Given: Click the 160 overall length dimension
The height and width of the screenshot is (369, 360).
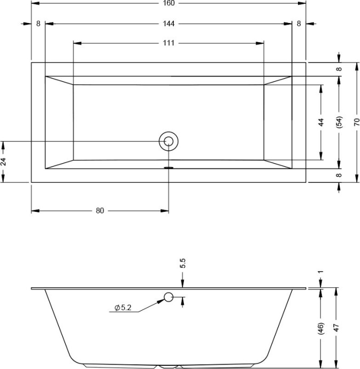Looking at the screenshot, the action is coord(168,3).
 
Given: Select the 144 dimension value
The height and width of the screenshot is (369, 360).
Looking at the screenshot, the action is coord(168,24).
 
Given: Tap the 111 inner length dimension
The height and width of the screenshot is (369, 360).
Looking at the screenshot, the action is coord(168,43).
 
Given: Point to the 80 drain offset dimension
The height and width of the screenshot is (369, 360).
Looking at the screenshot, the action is coord(100,211).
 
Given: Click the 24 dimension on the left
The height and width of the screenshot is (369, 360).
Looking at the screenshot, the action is coord(3,162).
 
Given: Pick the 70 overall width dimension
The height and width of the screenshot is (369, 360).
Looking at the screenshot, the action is coord(356,122).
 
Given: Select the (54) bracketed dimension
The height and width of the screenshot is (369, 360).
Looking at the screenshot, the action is coord(339,122).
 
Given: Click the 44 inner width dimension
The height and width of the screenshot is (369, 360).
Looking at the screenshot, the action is coord(321,122).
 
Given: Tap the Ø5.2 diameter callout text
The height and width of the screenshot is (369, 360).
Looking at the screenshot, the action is coord(123,307).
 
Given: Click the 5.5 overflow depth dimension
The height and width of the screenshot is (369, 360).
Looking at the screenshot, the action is coord(183,263).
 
